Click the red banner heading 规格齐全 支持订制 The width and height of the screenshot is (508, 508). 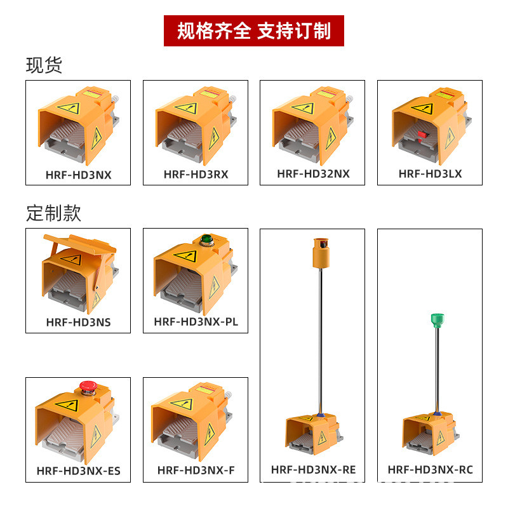[254, 30]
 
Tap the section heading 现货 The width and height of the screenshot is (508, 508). [44, 65]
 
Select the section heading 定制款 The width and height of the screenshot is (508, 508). [53, 213]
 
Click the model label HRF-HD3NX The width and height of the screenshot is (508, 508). [78, 175]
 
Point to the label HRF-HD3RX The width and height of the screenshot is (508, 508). [196, 174]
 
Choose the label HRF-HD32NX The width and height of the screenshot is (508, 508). [313, 173]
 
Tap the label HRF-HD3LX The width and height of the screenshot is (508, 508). [430, 173]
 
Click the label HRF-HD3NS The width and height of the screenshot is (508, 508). [78, 322]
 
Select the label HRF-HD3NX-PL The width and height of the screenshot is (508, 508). [196, 321]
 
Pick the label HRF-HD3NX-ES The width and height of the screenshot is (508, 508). [78, 471]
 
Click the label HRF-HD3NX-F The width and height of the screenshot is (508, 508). [196, 471]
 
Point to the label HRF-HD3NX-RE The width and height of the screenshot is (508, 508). [313, 470]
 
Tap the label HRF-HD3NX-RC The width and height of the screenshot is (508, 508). [430, 470]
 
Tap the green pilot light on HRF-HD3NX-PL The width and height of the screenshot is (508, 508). [206, 240]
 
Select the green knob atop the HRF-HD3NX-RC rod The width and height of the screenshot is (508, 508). [436, 318]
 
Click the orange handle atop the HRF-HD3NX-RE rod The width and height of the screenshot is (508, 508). [319, 253]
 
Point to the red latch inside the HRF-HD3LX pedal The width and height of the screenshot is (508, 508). [422, 134]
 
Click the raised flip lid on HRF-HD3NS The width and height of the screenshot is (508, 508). [79, 244]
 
